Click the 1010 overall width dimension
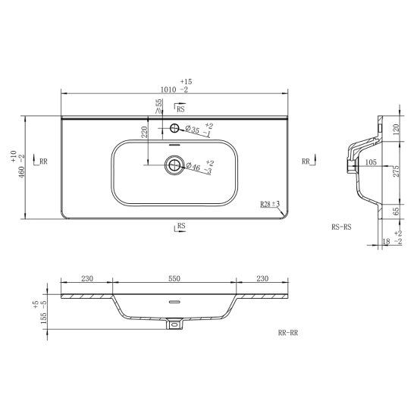[168, 90]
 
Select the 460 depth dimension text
[21, 172]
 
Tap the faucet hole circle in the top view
[174, 128]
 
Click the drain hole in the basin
[174, 165]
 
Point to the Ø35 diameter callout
[193, 130]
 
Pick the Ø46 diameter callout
[193, 167]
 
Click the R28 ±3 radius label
[270, 204]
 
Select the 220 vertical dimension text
[144, 132]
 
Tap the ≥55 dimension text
[158, 106]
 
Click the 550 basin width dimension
[174, 278]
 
